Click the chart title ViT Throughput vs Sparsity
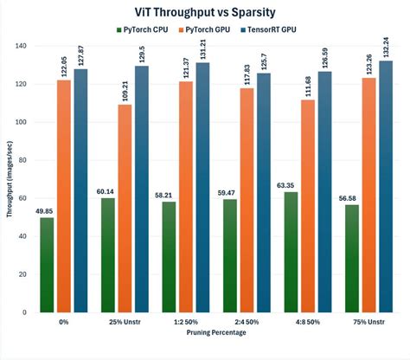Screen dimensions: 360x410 pos(205,13)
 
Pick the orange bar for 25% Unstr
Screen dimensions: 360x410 pos(125,208)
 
